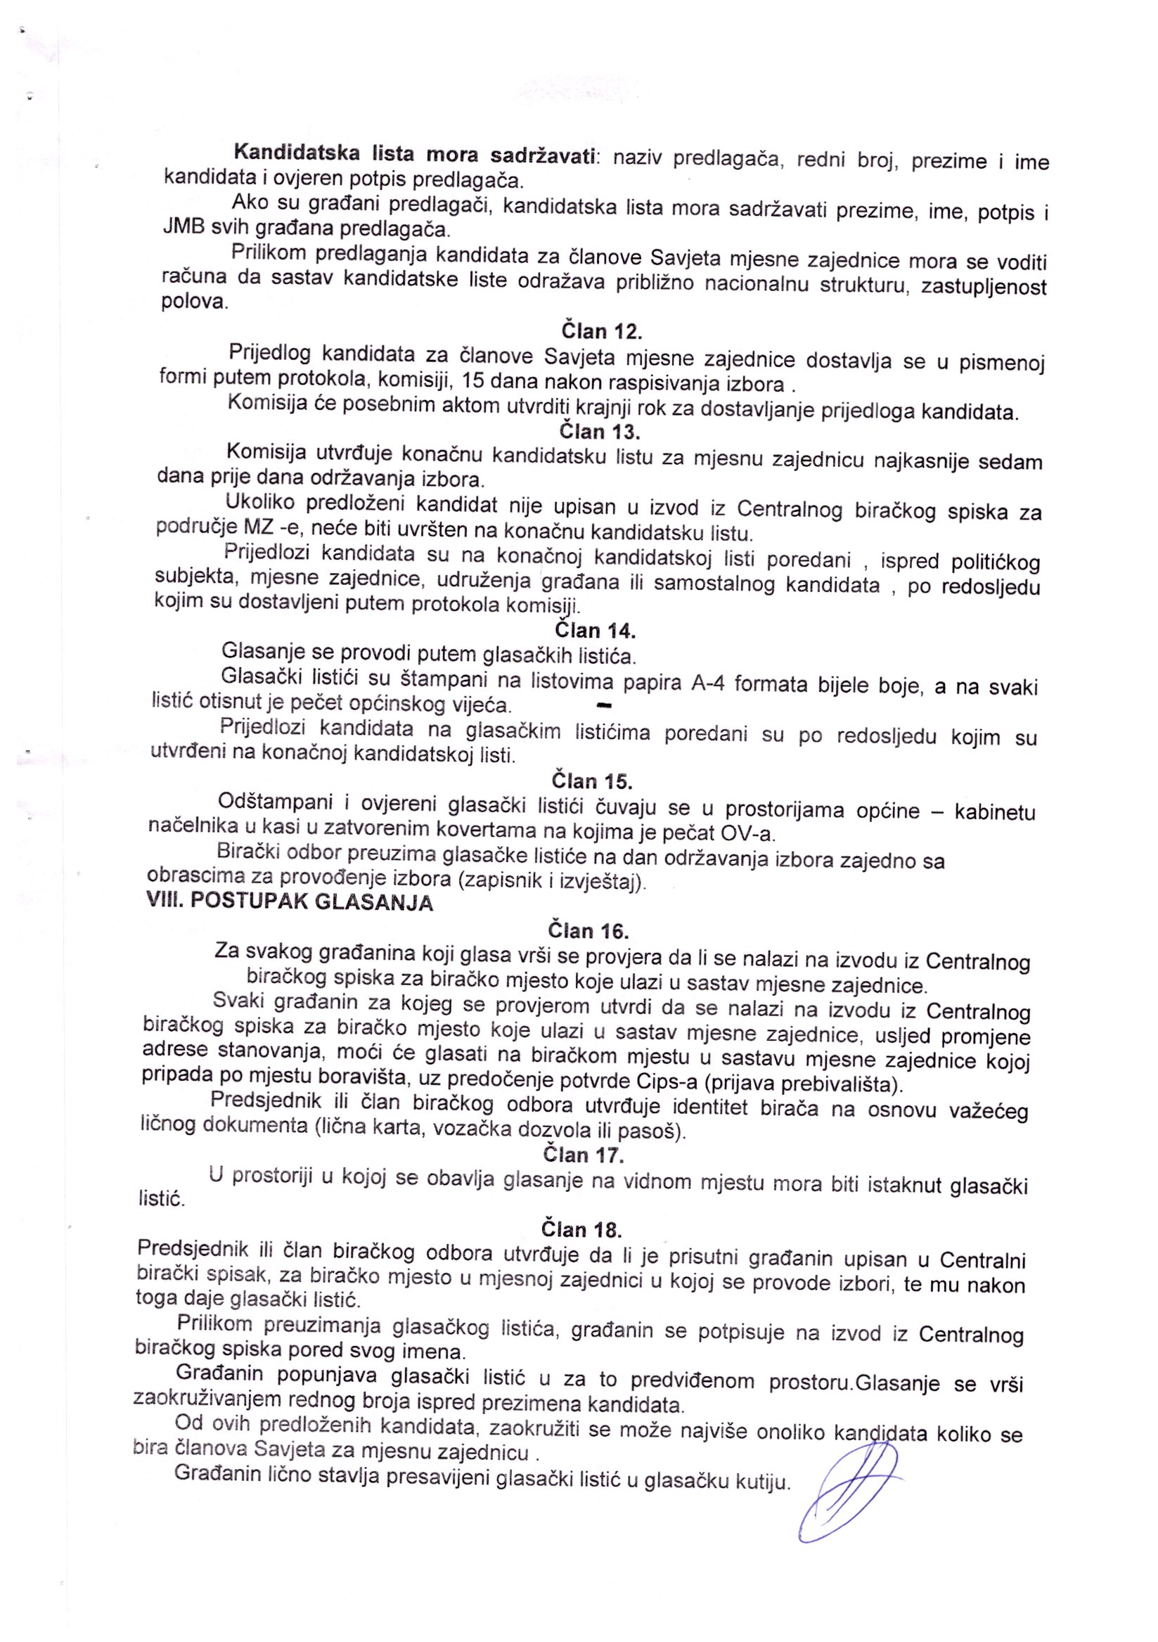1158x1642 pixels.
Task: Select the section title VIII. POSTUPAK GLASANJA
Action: (x=290, y=902)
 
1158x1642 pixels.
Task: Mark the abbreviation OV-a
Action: (x=748, y=834)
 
